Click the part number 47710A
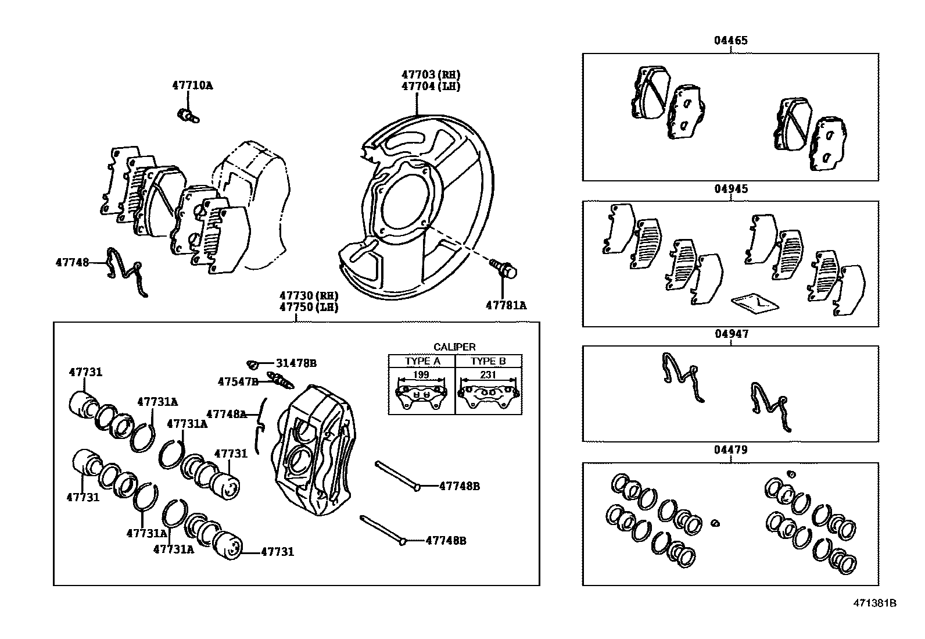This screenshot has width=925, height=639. [192, 85]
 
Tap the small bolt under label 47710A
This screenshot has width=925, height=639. [188, 115]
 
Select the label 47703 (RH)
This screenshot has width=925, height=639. [431, 74]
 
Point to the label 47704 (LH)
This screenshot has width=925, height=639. [431, 86]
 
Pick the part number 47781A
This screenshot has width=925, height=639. [506, 305]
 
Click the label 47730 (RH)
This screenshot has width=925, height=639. [308, 295]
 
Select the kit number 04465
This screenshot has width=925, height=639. [730, 41]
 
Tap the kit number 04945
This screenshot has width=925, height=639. [730, 189]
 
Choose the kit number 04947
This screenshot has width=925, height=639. [731, 334]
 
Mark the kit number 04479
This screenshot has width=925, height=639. [730, 450]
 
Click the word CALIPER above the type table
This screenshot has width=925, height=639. [454, 347]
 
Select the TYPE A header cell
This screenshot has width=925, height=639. [422, 361]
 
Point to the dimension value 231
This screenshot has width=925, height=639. [488, 375]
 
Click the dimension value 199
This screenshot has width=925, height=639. [422, 375]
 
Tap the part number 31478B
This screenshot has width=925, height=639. [296, 363]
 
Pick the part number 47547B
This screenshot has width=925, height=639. [238, 382]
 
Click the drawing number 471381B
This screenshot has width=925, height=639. [874, 603]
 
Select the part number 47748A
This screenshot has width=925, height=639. [227, 414]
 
